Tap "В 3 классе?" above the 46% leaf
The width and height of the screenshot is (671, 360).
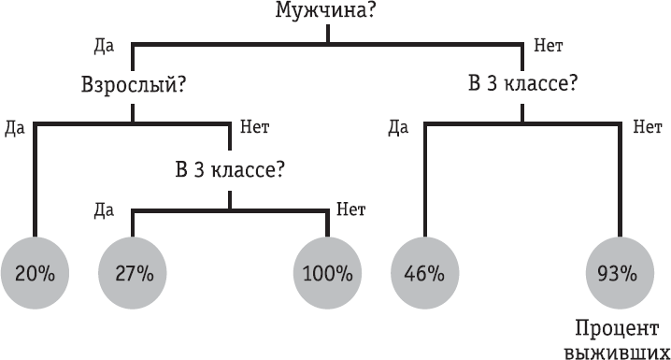[521, 82]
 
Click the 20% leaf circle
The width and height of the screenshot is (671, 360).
[35, 274]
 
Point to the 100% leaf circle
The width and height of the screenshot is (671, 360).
[327, 274]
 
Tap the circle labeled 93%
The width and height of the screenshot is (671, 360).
[619, 274]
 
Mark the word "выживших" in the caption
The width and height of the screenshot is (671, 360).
[619, 351]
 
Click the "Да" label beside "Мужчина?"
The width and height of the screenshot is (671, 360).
[104, 43]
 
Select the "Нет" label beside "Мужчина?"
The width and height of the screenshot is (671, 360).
[547, 43]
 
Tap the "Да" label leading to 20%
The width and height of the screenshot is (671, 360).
[14, 125]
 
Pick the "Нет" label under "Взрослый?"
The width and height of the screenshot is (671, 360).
[255, 125]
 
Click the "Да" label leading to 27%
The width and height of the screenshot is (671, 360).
[104, 209]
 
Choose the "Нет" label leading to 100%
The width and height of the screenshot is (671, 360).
[350, 209]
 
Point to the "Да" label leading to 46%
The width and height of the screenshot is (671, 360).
[398, 125]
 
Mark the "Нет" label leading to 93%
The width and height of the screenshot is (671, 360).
[646, 125]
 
